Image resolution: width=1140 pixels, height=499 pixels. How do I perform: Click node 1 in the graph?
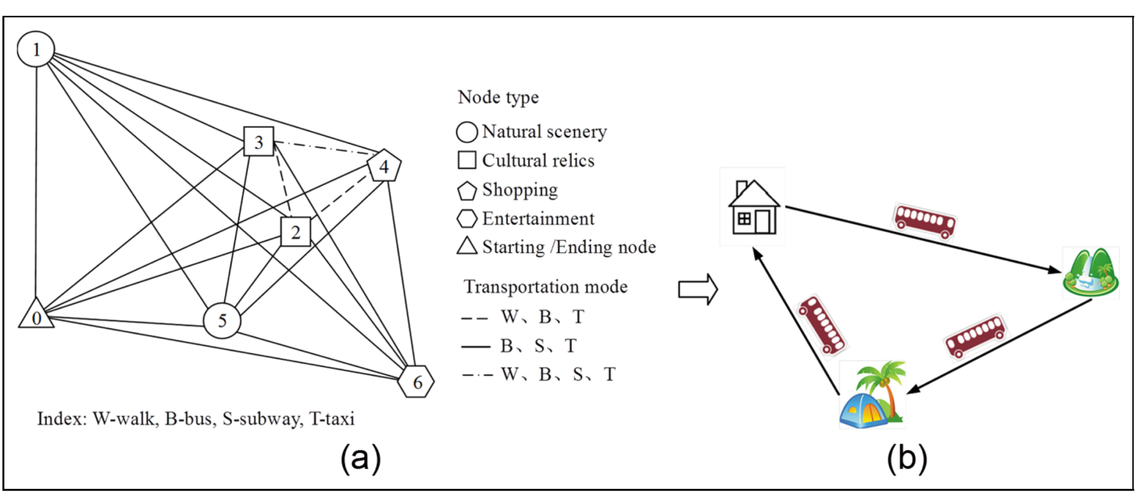pos(36,50)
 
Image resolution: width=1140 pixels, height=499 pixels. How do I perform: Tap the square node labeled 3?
pos(259,142)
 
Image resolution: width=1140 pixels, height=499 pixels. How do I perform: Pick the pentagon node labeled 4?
pos(384,166)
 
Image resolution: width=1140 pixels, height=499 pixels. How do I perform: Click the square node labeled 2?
pos(296,231)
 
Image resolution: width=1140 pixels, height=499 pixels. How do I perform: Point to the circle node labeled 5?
pos(222,320)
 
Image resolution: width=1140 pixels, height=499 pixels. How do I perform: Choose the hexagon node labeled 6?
pos(416,382)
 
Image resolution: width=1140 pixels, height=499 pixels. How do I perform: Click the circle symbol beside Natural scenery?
pos(466,132)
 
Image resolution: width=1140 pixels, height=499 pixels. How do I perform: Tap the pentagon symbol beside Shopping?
pos(466,191)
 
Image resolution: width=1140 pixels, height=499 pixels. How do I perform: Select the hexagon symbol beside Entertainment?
pos(466,219)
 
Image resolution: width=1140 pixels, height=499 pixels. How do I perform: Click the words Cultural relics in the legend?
pos(538,161)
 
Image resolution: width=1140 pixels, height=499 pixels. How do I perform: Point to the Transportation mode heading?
pos(546,286)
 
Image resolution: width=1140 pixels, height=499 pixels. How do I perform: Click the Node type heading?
pos(498,97)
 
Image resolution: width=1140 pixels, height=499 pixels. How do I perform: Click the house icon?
pos(753,207)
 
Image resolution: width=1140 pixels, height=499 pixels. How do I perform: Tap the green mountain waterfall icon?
pos(1090,273)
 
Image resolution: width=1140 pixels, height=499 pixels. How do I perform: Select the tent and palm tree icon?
pos(872,395)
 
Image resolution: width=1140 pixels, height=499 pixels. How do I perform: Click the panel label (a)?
pos(361,458)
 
